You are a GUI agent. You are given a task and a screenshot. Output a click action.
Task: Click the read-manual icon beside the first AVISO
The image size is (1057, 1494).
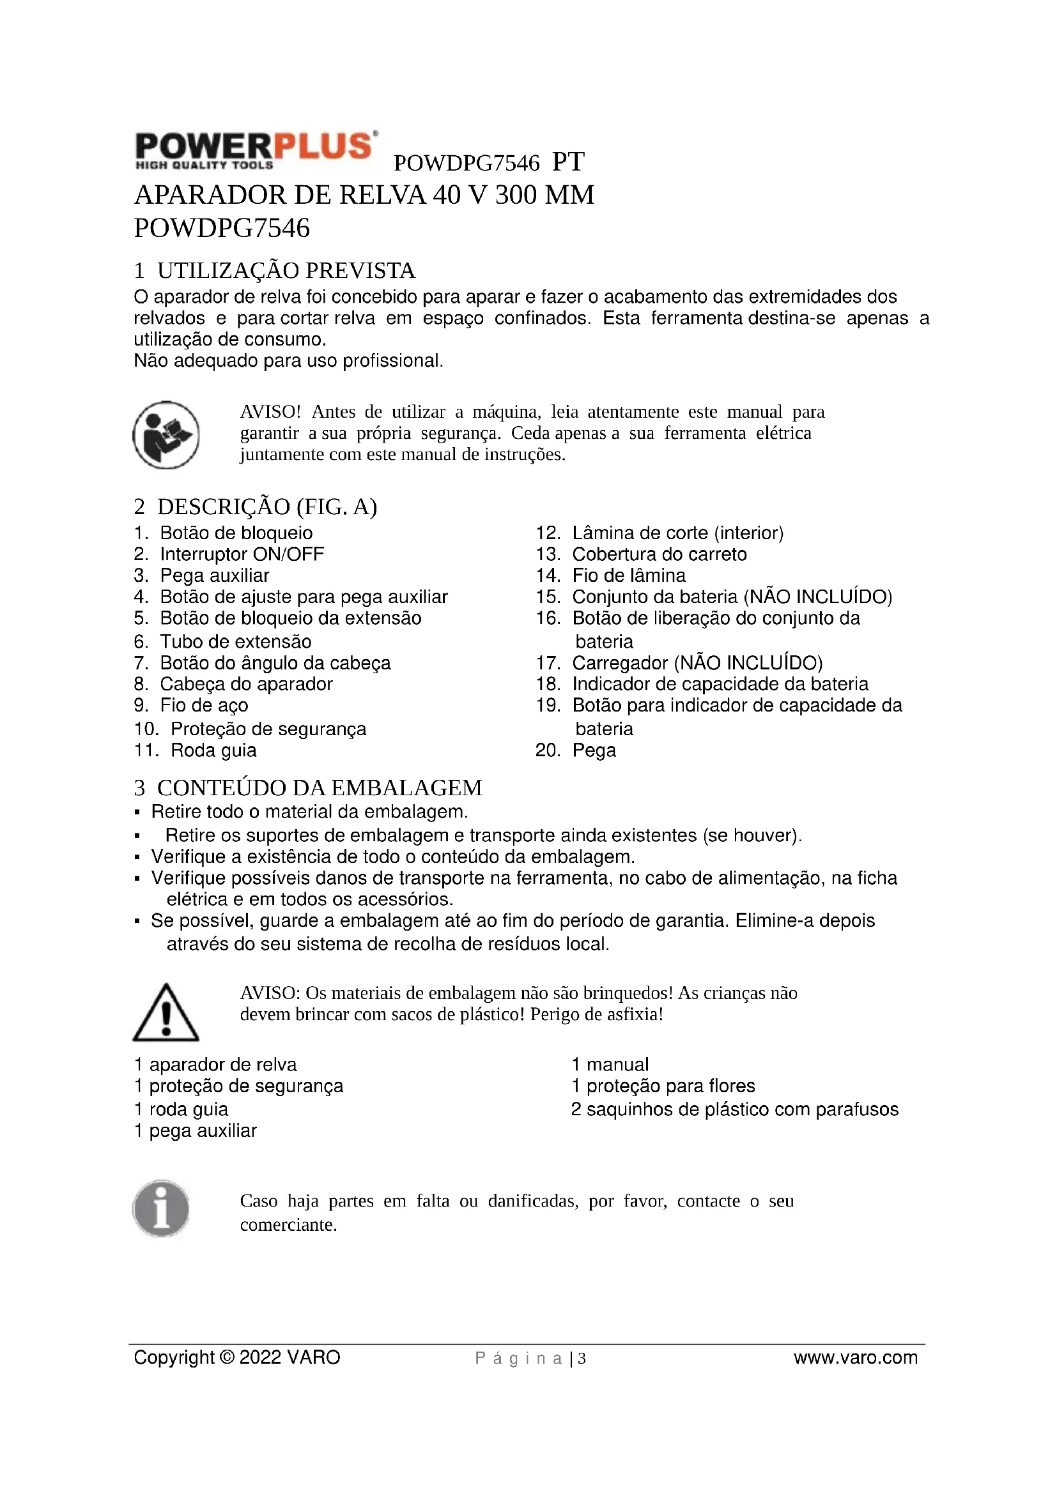coord(166,435)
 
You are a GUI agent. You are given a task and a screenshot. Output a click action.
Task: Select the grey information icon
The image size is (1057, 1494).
coord(161,1208)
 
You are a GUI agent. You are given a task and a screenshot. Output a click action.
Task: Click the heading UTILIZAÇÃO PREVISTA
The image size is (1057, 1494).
coord(286,270)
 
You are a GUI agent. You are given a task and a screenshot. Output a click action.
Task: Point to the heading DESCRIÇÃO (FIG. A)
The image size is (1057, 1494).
coord(267,507)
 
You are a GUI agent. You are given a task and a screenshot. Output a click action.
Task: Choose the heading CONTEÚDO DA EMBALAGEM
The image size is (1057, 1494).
coord(319,788)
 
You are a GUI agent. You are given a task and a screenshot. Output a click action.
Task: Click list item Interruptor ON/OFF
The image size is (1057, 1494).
coord(242,554)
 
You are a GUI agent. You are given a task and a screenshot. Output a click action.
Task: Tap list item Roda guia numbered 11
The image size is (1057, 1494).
coord(213,751)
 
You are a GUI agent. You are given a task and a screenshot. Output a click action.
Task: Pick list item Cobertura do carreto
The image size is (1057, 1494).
coord(659,554)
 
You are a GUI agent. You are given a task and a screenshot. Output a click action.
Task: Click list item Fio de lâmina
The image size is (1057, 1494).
coord(628,575)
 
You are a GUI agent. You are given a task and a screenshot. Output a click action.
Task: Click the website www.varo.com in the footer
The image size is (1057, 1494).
coord(855,1357)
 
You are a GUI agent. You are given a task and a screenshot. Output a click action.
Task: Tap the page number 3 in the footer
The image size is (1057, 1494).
coord(582,1359)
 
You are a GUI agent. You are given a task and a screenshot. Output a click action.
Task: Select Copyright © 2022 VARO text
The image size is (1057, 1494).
coord(237,1357)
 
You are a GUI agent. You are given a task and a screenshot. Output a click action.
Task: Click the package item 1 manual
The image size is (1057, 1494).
coord(610,1065)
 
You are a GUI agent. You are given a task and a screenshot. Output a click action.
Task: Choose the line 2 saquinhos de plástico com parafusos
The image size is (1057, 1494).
coord(734,1109)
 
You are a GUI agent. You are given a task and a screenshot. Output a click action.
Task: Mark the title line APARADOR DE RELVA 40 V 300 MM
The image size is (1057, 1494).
coord(364,195)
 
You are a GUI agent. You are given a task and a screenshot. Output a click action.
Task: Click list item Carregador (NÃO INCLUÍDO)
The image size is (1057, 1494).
coord(697,663)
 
